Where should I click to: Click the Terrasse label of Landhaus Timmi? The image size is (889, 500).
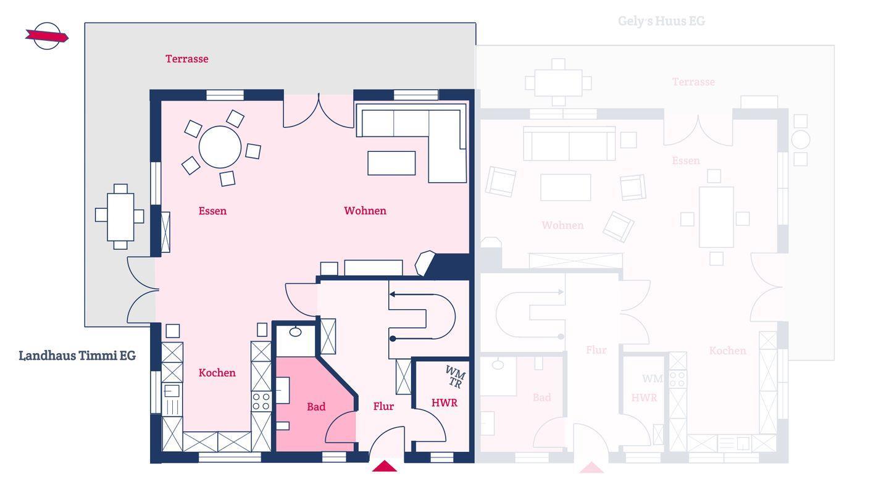(x=187, y=59)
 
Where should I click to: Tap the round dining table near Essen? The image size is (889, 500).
(x=220, y=147)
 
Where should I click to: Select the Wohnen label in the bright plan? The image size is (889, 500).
(x=365, y=210)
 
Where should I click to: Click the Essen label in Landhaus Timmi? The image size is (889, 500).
(x=213, y=210)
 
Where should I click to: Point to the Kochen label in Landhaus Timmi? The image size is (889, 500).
(x=217, y=373)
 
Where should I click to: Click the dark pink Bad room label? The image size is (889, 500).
(x=316, y=406)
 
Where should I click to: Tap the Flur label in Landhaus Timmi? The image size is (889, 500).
(x=383, y=406)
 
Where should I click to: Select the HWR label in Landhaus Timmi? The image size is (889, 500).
(x=444, y=402)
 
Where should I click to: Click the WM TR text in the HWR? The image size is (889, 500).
(x=455, y=377)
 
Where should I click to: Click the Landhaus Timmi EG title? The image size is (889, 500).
(x=77, y=355)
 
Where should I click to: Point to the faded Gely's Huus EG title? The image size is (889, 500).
(x=662, y=21)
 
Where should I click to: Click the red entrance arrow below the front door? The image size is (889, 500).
(x=384, y=466)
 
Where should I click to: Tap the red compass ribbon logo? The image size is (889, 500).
(x=47, y=36)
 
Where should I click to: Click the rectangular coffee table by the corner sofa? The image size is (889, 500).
(x=391, y=163)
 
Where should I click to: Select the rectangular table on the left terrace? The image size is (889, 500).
(x=120, y=217)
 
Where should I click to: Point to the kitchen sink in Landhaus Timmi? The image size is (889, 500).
(x=172, y=391)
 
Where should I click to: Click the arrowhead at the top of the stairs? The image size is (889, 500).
(x=392, y=294)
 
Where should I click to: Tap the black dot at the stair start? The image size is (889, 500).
(x=393, y=338)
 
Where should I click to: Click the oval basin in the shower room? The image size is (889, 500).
(x=295, y=331)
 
